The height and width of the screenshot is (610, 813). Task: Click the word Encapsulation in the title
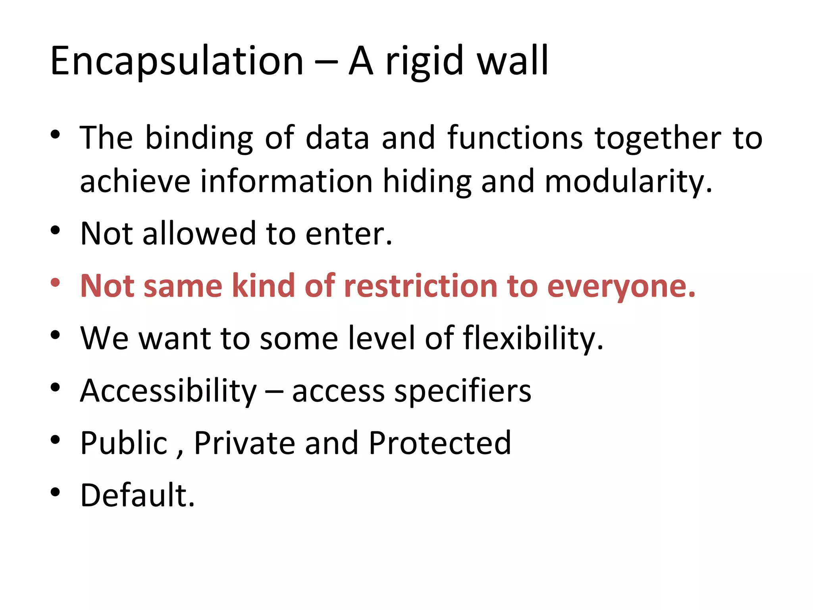(177, 62)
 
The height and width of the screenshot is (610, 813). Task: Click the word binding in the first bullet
(199, 138)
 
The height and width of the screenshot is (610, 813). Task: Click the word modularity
(628, 182)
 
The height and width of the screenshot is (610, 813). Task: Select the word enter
(349, 234)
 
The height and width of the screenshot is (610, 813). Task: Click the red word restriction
(420, 286)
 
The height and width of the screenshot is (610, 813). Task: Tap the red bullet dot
(55, 283)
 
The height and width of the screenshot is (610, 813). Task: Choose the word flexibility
(533, 338)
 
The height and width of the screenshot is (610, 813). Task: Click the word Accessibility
(169, 391)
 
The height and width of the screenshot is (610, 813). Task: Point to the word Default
(137, 495)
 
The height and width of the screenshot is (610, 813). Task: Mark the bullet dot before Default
(55, 492)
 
